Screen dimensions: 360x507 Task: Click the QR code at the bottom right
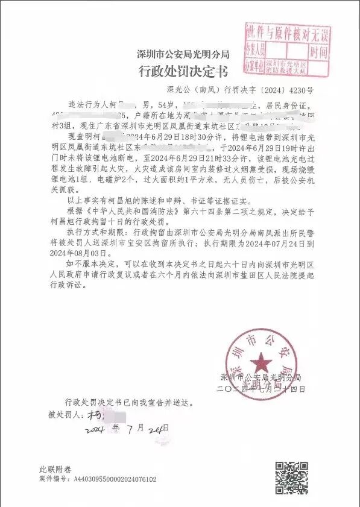point(292,477)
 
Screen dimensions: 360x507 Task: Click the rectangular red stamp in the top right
point(287,49)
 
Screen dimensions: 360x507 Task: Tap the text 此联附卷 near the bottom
point(55,469)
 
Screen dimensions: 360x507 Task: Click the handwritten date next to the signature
point(127,429)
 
